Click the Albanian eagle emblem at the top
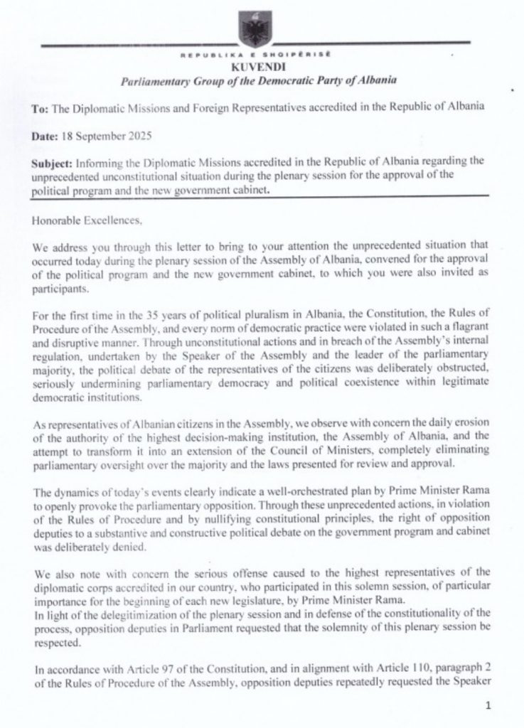pos(252,29)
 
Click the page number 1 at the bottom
pos(488,707)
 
